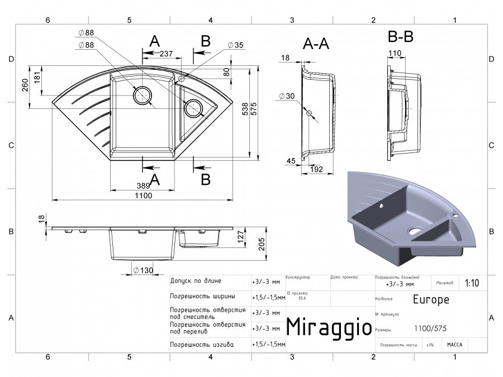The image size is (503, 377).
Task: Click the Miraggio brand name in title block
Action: pyautogui.click(x=329, y=327)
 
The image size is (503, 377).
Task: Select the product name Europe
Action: pyautogui.click(x=431, y=299)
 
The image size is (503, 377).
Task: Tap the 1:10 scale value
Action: pyautogui.click(x=472, y=283)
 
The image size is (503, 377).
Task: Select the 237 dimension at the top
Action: pyautogui.click(x=165, y=54)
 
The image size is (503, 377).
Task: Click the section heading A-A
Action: pyautogui.click(x=316, y=44)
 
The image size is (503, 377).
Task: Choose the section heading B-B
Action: pyautogui.click(x=400, y=37)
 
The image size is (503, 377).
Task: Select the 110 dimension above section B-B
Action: pyautogui.click(x=395, y=54)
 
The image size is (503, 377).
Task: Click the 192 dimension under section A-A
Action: pyautogui.click(x=317, y=169)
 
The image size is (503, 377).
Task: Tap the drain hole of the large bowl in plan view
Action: pyautogui.click(x=143, y=96)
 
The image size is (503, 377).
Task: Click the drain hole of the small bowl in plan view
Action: pyautogui.click(x=193, y=107)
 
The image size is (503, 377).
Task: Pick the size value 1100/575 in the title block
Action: pyautogui.click(x=430, y=329)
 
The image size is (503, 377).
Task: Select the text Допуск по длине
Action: pyautogui.click(x=196, y=281)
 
